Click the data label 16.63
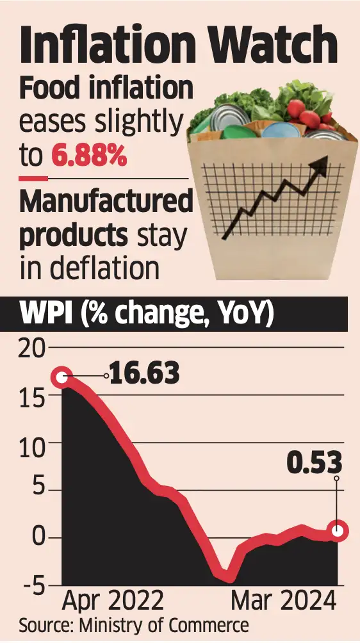[143, 373]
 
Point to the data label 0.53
[314, 463]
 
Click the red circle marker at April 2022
[62, 378]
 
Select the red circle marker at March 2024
[338, 530]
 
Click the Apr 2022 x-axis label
[113, 601]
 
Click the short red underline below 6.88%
[33, 177]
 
